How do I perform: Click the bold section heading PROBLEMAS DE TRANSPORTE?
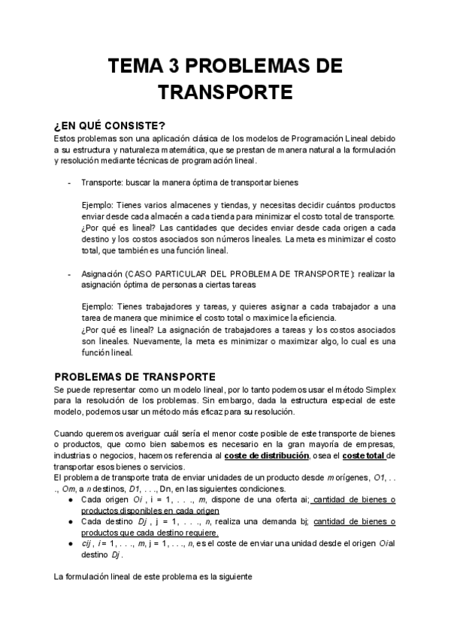click(135, 376)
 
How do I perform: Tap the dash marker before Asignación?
click(69, 274)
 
